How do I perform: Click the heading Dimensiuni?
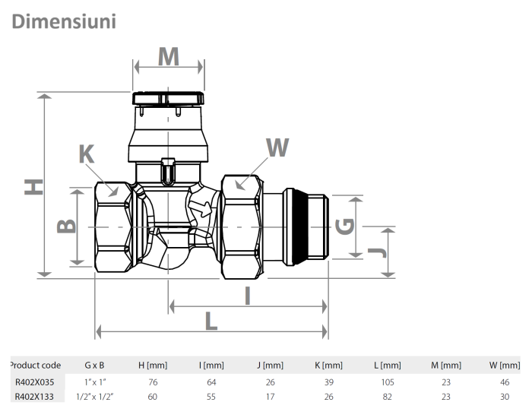(64, 21)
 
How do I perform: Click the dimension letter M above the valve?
(168, 56)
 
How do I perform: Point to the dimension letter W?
(277, 148)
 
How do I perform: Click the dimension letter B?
(67, 226)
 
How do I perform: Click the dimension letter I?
(248, 295)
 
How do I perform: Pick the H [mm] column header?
(152, 366)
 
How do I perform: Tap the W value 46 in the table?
(504, 382)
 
